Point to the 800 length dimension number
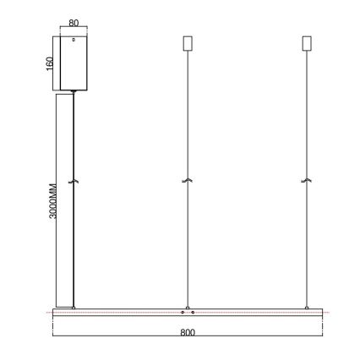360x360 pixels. [x=188, y=332]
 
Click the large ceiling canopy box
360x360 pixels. [x=74, y=63]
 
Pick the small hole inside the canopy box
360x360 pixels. [x=74, y=40]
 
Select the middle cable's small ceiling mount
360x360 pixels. [x=188, y=42]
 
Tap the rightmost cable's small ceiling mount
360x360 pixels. [x=306, y=42]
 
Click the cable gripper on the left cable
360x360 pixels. [x=74, y=181]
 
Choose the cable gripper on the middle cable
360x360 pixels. [x=188, y=181]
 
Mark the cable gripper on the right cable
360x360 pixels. [x=306, y=181]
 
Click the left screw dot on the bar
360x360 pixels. [x=182, y=313]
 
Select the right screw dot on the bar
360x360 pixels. [x=194, y=313]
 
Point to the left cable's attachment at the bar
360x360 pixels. [x=74, y=306]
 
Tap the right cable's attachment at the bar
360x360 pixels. [x=306, y=306]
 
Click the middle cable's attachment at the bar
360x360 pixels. [x=188, y=306]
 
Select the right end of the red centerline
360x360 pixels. [x=328, y=313]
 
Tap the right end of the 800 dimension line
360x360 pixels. [x=323, y=336]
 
